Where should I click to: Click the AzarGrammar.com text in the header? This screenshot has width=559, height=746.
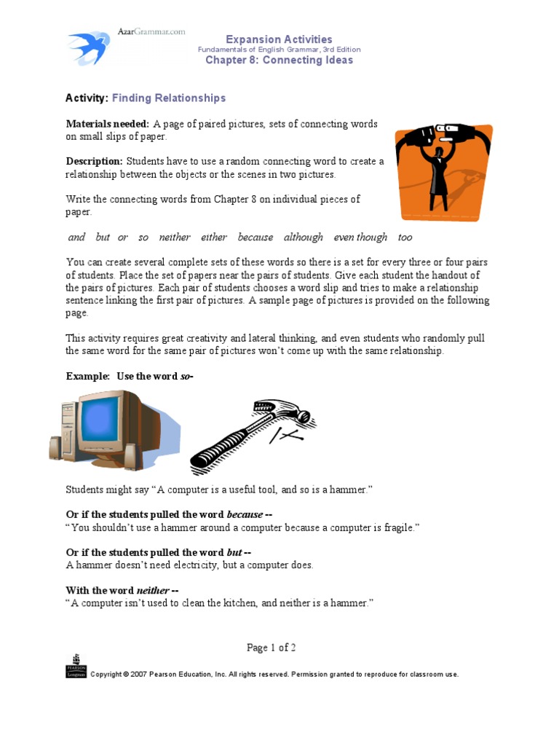click(x=151, y=32)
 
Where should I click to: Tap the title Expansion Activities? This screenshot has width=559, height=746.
click(x=279, y=39)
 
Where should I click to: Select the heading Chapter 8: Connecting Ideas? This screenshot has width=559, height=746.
click(x=279, y=60)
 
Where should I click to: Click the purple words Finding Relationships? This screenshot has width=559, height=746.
click(x=169, y=98)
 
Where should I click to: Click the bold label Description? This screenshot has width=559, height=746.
click(x=95, y=161)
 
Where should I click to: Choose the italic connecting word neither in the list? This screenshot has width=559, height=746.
click(x=175, y=237)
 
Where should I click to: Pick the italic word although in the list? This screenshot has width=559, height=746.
click(x=303, y=237)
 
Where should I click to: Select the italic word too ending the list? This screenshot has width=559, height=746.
click(x=405, y=237)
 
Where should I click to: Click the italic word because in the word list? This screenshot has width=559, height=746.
click(x=255, y=237)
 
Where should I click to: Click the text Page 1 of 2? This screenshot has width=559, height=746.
click(x=271, y=648)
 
